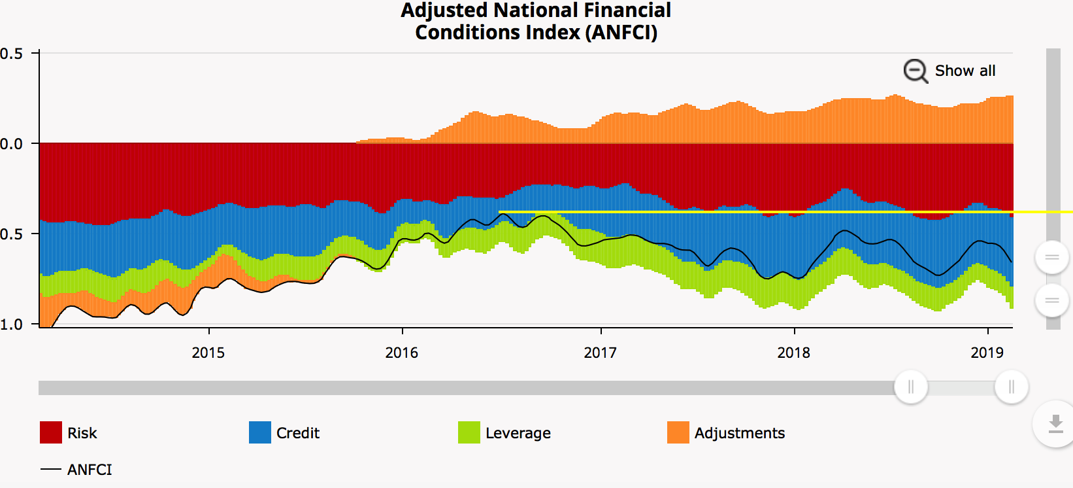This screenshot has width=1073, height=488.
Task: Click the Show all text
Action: tap(965, 71)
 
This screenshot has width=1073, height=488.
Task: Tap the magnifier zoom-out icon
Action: tap(915, 71)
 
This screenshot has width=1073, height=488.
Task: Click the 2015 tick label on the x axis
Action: tap(208, 353)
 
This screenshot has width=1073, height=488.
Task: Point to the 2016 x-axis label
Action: tap(401, 353)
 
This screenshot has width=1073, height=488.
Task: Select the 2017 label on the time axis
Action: tap(600, 353)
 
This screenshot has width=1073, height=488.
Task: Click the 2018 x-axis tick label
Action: tap(793, 353)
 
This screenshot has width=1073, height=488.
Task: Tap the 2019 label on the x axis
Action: tap(987, 353)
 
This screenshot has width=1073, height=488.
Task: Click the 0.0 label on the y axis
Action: tap(11, 144)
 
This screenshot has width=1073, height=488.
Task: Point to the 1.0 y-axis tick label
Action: tap(11, 324)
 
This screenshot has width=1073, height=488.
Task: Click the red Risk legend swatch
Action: tap(51, 432)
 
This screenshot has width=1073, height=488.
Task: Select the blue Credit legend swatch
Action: tap(260, 432)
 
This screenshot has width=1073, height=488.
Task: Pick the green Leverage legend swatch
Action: tap(469, 432)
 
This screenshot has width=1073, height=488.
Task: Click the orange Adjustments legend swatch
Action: tap(678, 432)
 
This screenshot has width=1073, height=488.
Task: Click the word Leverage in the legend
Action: tap(518, 433)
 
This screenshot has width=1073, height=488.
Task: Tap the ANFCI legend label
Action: tap(90, 470)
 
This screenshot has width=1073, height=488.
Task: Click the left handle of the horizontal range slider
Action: tap(910, 387)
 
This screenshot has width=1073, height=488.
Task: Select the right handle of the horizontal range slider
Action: tap(1011, 387)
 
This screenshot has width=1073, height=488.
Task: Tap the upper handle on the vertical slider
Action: tap(1051, 258)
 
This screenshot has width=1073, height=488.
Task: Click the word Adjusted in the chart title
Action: tap(444, 10)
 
